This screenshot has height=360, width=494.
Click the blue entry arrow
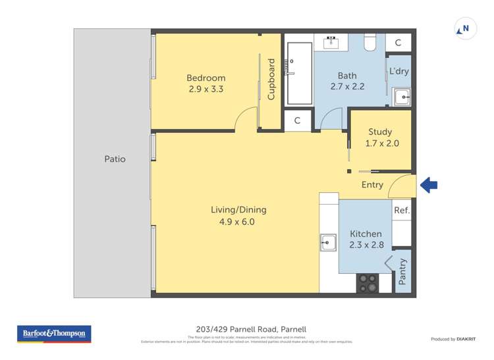(429, 186)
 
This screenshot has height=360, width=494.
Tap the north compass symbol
(464, 29)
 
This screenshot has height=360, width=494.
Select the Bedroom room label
(206, 78)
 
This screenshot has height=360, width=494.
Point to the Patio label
(115, 159)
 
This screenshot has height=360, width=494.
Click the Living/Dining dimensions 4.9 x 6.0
(238, 222)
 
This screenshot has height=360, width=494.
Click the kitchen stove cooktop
(368, 283)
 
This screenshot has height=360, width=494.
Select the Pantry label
(403, 271)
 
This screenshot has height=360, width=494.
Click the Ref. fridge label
(402, 211)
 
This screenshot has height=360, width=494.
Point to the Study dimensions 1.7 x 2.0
(383, 143)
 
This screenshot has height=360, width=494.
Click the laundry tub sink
(401, 97)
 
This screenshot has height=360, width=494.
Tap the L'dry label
(398, 71)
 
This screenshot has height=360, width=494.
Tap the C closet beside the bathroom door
(297, 120)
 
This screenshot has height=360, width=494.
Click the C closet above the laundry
(398, 43)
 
